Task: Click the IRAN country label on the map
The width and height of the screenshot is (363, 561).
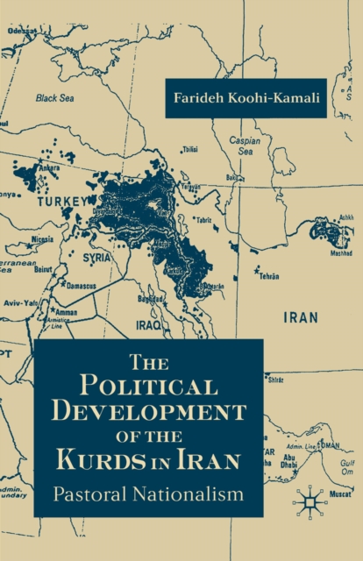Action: tap(302, 317)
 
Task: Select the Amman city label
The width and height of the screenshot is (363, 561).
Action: tap(67, 310)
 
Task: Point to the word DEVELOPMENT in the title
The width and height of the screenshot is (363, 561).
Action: tap(149, 413)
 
